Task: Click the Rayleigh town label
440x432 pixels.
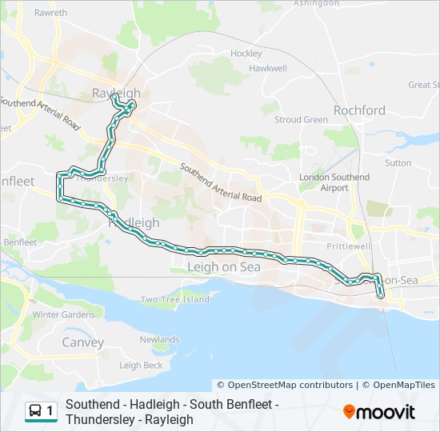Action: pos(111,92)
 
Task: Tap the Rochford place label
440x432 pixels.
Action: pos(359,110)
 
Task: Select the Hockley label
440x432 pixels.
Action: pos(246,54)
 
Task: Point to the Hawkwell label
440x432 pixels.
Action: pos(267,69)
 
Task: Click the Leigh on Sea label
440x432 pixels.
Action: pos(223,267)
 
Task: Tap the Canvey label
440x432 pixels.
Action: pos(83,342)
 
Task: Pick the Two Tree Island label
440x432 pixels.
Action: pos(174,300)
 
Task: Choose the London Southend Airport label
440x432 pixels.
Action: pos(334,182)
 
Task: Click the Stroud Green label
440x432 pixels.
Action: pos(301,120)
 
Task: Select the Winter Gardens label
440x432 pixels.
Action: pos(63,314)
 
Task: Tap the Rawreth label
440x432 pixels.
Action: pos(51,14)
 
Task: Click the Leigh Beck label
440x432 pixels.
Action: pos(140,366)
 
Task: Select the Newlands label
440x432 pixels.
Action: pos(159,339)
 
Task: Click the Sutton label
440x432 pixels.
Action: pos(398,163)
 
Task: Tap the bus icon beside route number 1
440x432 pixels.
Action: pos(36,411)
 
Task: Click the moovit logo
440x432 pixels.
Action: pos(379,412)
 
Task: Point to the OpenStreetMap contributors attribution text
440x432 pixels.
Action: pos(285,385)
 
